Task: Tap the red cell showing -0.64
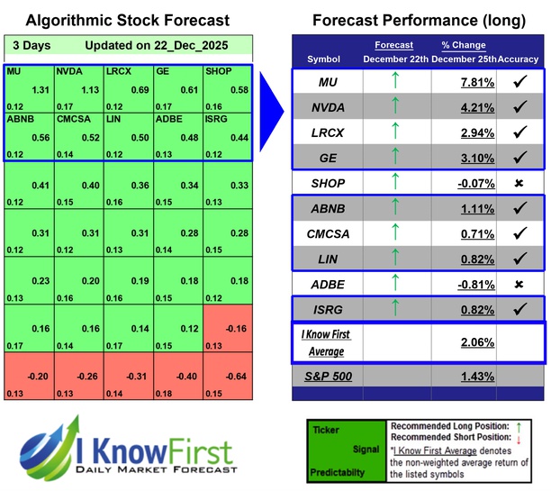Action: point(238,377)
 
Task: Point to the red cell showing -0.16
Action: point(238,328)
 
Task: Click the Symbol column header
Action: point(324,59)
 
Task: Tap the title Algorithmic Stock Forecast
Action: point(127,20)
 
